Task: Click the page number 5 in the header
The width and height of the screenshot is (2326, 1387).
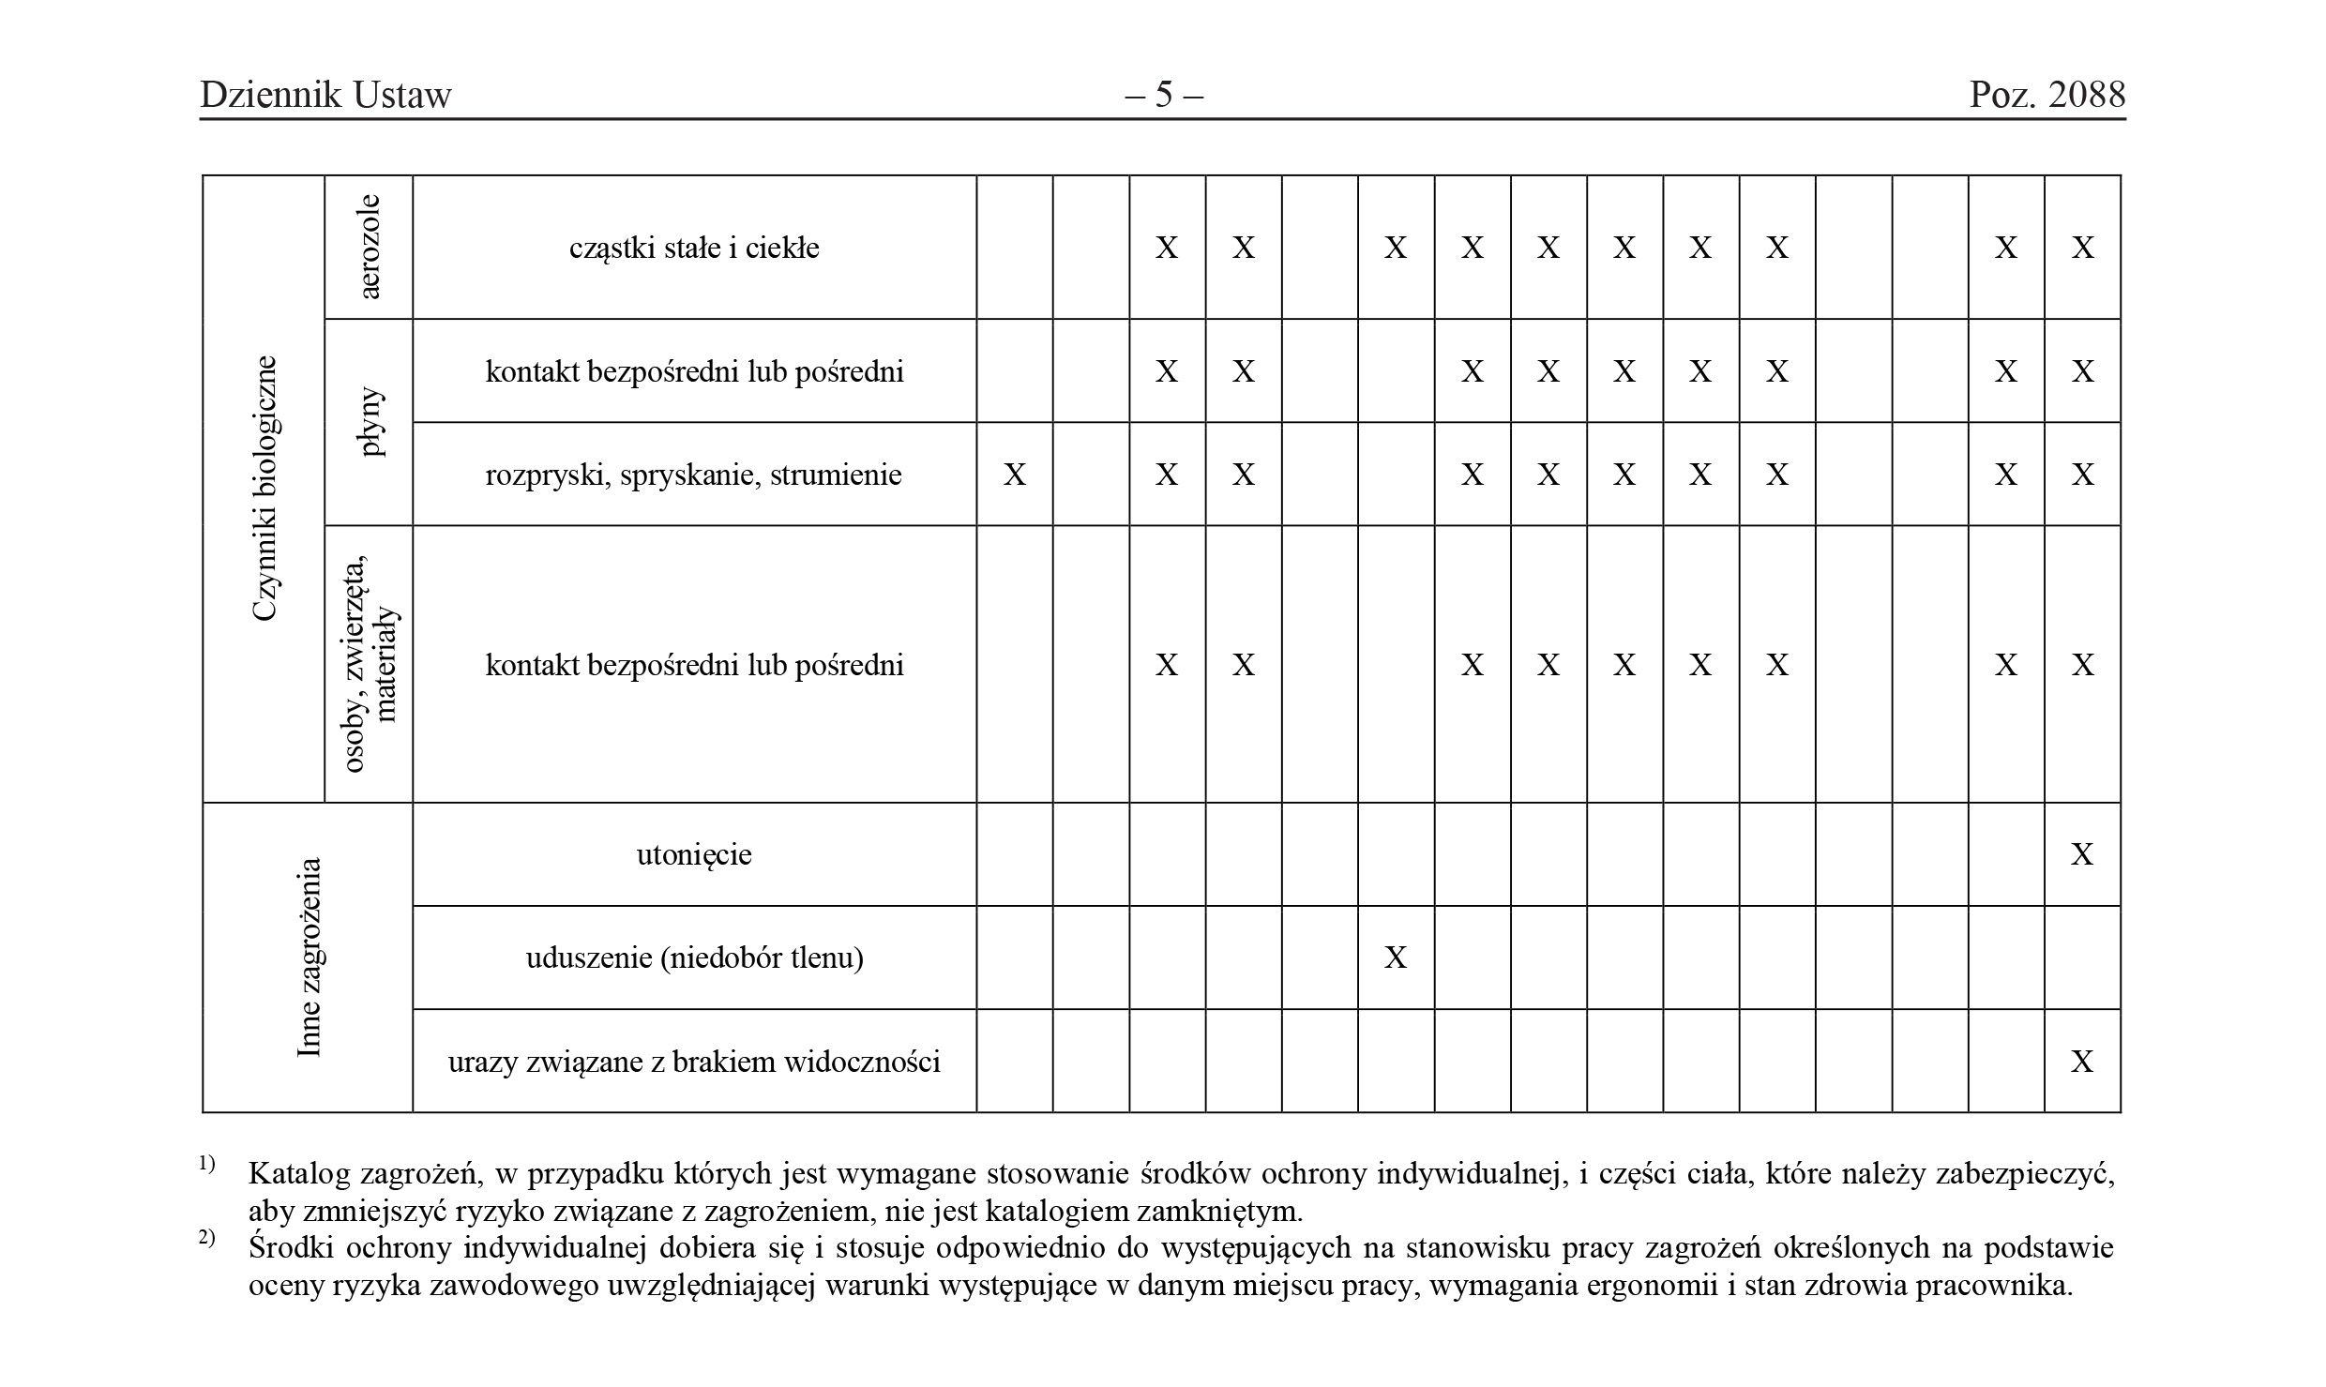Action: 1164,95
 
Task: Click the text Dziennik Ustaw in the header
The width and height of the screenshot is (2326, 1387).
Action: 325,95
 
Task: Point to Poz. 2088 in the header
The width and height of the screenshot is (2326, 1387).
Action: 2047,95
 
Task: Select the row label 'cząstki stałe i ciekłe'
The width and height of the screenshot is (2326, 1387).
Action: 694,248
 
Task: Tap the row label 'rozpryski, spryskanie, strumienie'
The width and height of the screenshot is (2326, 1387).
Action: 693,475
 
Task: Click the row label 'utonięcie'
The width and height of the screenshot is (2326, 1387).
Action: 694,854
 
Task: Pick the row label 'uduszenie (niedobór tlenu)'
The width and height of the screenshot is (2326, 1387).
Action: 694,957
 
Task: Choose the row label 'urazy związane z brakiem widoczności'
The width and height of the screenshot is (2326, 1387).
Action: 694,1062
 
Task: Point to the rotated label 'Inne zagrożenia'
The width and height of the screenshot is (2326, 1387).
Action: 309,957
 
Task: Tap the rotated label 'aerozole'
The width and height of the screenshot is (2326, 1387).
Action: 370,247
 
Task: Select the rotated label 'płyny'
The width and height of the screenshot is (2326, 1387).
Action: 371,422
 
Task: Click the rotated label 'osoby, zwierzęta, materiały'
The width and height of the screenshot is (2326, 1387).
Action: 371,664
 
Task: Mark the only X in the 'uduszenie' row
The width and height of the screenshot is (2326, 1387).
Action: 1396,957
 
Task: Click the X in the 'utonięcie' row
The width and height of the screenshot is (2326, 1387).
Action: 2082,854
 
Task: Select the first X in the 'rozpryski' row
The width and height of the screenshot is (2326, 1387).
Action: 1015,475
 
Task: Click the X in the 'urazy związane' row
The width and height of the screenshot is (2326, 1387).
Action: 2082,1062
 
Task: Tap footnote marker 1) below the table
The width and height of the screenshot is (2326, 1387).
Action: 207,1165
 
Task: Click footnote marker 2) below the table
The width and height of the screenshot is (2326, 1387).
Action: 207,1239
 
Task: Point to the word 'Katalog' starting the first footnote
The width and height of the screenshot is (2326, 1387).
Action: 299,1173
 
